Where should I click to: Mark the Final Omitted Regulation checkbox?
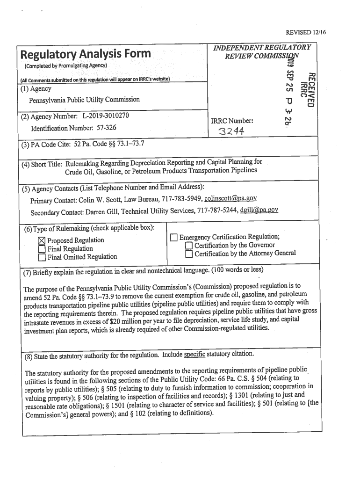click(x=42, y=257)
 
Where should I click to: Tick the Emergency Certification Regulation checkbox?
click(x=173, y=238)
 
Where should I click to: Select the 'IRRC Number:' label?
click(x=232, y=121)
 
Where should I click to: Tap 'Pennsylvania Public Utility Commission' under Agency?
click(x=84, y=100)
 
